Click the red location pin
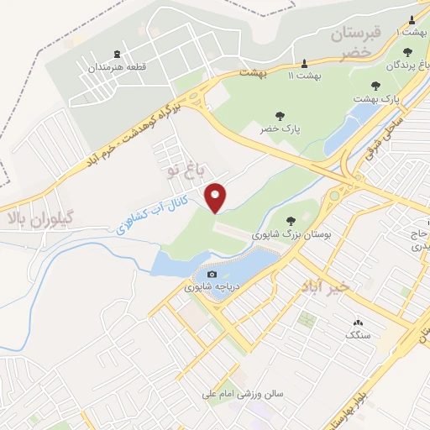coord(218,197)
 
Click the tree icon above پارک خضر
coord(279,116)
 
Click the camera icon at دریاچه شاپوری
coord(212,275)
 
